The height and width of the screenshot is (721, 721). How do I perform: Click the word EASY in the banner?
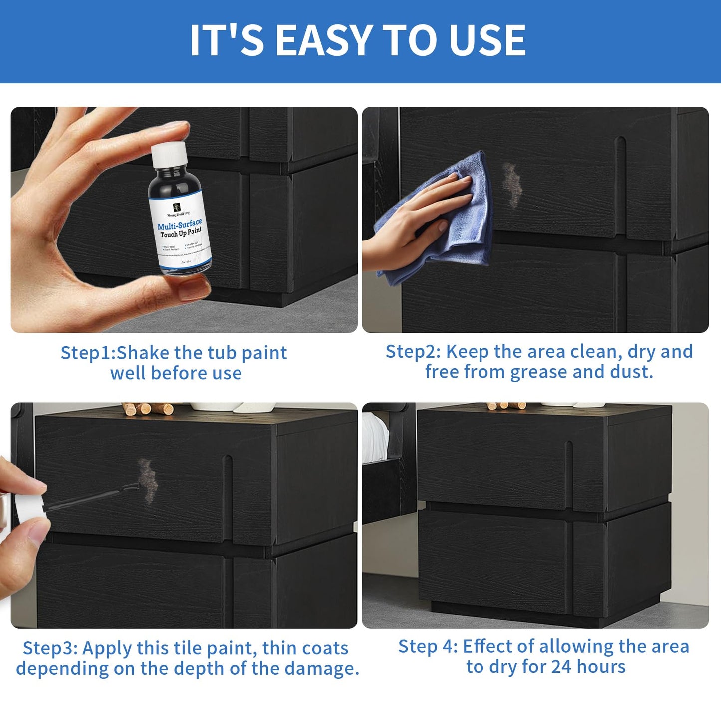[x=324, y=40]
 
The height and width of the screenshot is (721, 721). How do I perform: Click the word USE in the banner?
[x=487, y=40]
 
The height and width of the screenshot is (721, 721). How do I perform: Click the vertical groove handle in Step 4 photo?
[x=569, y=467]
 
